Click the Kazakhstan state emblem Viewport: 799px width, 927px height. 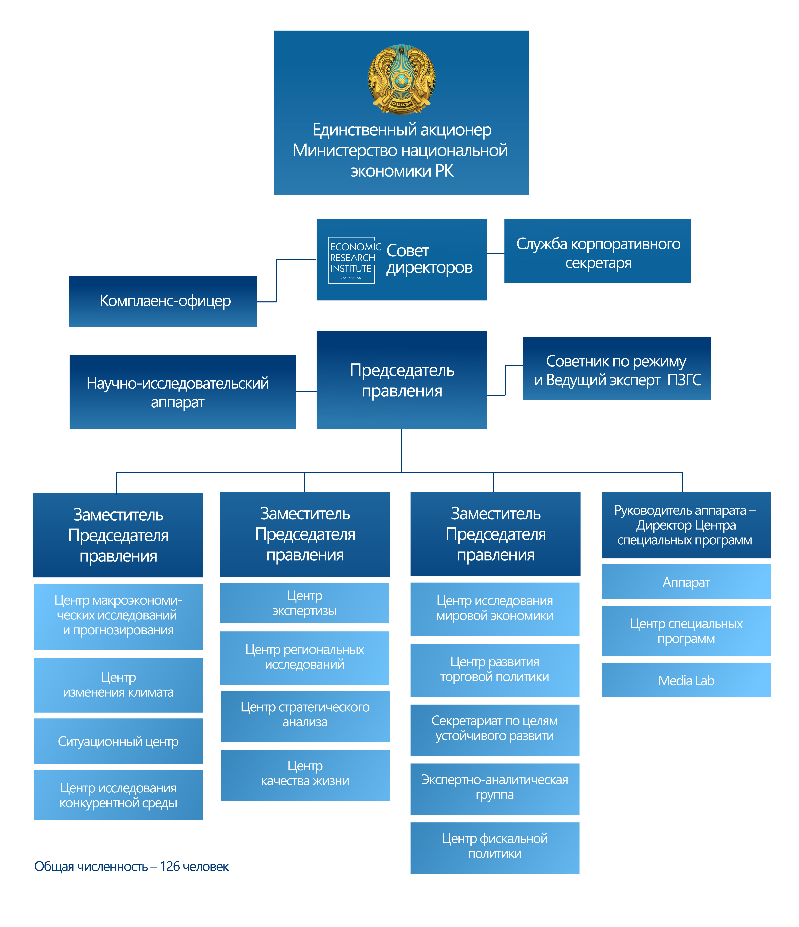coord(401,79)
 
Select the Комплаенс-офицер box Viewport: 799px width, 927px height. coord(163,301)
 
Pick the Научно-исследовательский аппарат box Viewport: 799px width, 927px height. coord(182,392)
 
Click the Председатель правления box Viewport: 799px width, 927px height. coord(401,380)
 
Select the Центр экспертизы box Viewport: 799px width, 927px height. coord(305,603)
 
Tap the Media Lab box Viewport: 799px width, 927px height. coord(686,680)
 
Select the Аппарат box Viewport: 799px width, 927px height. coord(686,582)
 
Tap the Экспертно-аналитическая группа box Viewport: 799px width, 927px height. coord(495,789)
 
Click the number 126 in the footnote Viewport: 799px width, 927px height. coord(170,867)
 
